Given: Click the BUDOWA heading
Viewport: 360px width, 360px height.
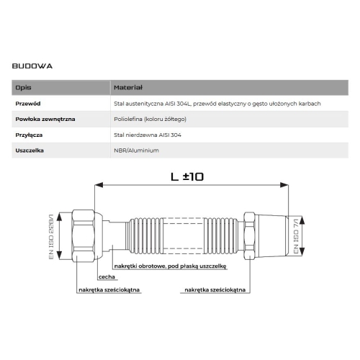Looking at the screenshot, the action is [x=32, y=66].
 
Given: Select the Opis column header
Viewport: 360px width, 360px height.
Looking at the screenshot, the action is [x=23, y=88].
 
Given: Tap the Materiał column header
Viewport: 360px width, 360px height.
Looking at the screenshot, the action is [x=128, y=88].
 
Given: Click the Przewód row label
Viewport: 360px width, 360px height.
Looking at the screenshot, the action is [x=28, y=104].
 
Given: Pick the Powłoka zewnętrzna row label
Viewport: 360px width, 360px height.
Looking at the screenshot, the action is [x=45, y=119].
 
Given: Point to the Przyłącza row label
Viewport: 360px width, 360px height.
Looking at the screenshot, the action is [x=29, y=135].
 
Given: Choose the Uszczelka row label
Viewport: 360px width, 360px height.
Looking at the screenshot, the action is [x=30, y=150].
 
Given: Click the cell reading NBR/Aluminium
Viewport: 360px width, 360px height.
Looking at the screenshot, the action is [x=136, y=150].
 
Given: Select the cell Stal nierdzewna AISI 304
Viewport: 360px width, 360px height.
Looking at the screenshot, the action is [x=148, y=135].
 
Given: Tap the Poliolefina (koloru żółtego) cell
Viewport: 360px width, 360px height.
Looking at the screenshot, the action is [x=150, y=119].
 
